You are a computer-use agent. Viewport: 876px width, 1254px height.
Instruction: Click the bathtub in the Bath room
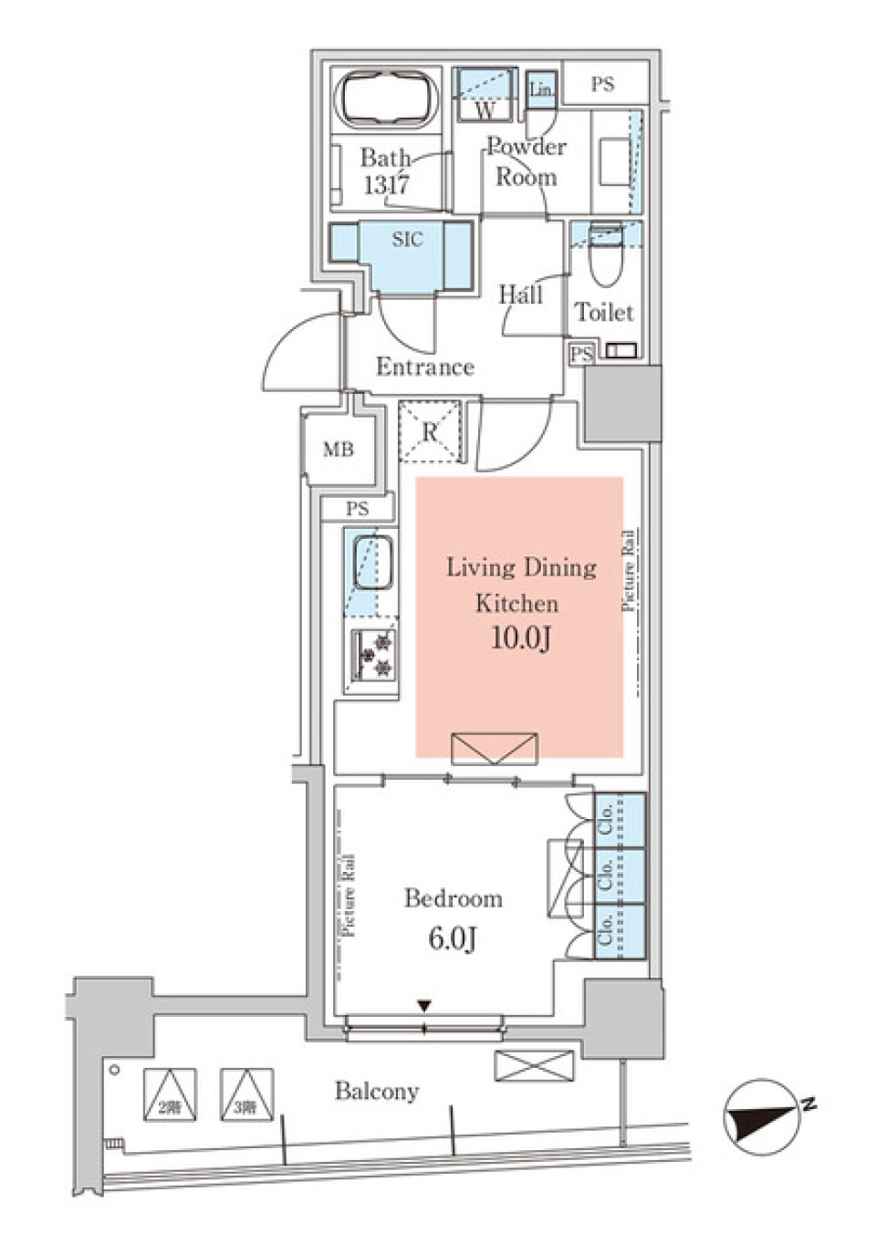(x=388, y=100)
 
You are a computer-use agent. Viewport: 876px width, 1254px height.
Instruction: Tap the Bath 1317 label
(x=385, y=171)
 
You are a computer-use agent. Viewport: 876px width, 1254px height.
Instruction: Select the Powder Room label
(x=527, y=161)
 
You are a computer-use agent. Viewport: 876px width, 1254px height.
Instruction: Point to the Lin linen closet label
(x=541, y=89)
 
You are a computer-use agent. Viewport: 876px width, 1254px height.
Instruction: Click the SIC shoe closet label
(x=407, y=240)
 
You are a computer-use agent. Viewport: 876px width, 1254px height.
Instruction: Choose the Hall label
(x=520, y=295)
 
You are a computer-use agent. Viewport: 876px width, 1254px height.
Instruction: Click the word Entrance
(x=425, y=367)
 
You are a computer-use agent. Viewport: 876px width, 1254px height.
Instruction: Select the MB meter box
(x=339, y=450)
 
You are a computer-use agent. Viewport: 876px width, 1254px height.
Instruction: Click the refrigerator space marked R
(x=431, y=431)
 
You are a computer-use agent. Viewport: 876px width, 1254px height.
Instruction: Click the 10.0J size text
(x=520, y=637)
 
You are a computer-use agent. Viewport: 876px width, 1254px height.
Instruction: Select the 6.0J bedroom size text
(x=453, y=938)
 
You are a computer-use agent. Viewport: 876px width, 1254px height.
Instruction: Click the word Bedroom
(x=454, y=898)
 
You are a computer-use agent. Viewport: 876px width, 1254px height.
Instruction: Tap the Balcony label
(x=376, y=1091)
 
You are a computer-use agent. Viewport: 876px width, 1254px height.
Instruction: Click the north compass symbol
(x=757, y=1114)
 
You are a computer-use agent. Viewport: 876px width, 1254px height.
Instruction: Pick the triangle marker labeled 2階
(x=169, y=1095)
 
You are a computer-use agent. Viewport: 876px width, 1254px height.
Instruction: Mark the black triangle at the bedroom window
(x=424, y=1006)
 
